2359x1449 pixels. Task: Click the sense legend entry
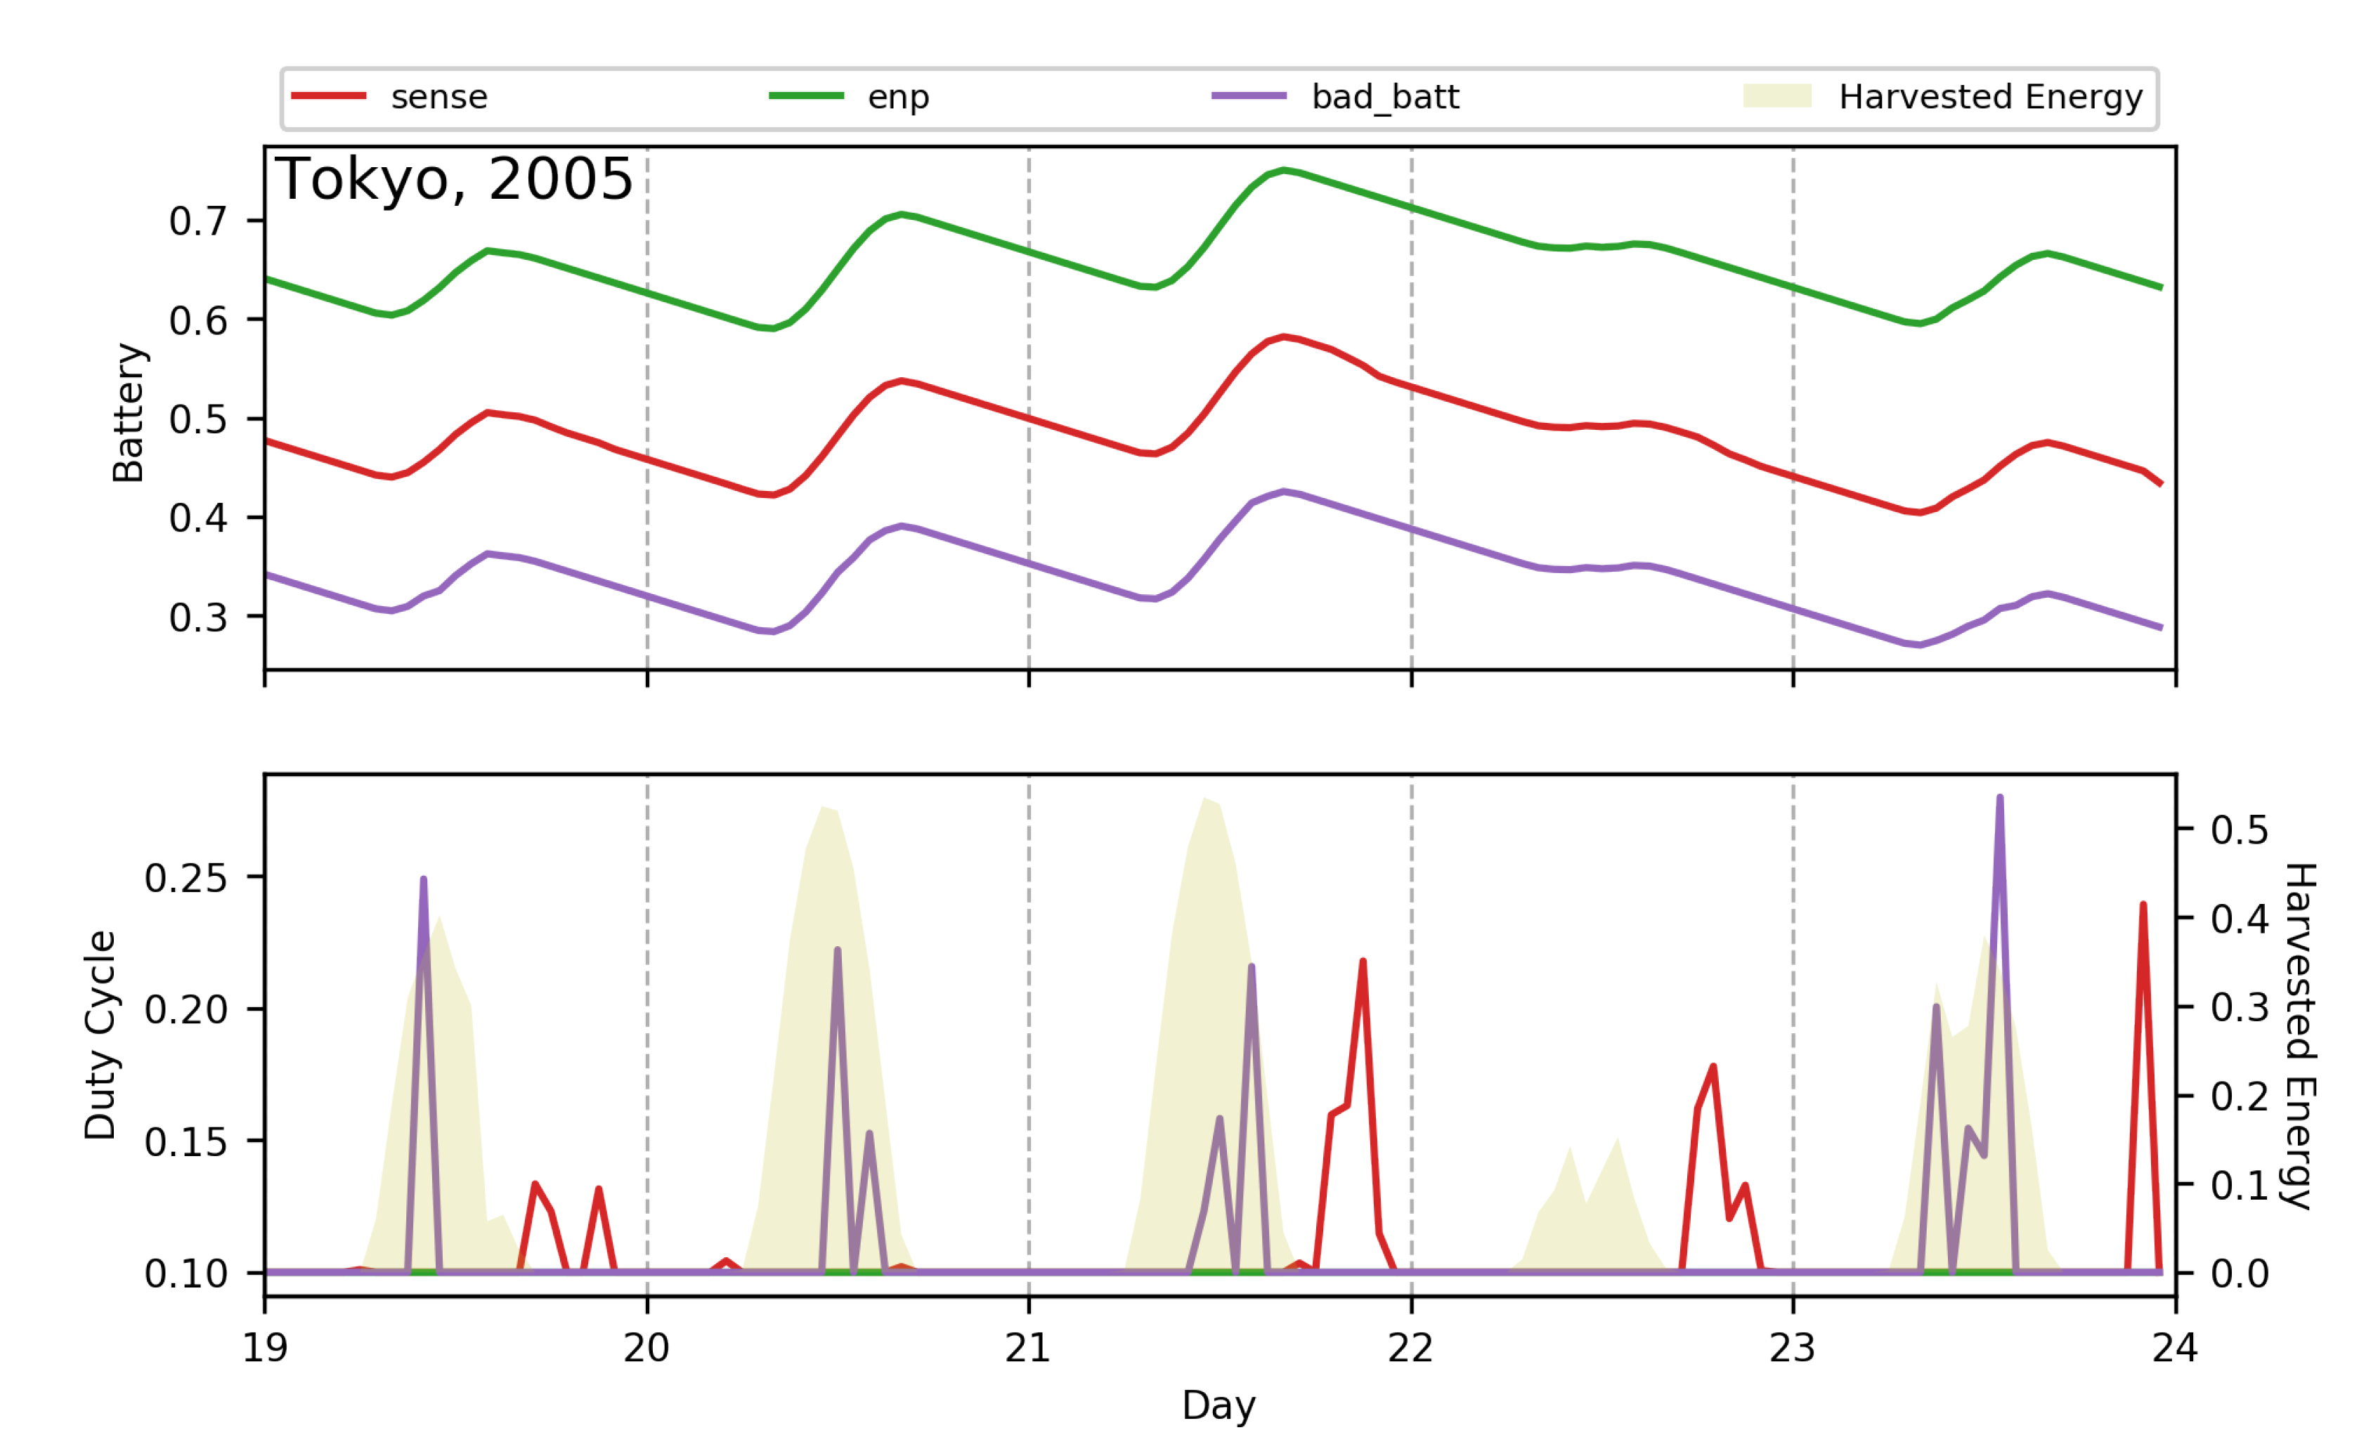click(438, 97)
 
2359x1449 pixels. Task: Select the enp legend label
click(897, 97)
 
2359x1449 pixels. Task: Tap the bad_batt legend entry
click(1384, 97)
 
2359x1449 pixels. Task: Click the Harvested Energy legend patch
click(1776, 96)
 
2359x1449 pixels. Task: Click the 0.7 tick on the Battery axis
click(197, 221)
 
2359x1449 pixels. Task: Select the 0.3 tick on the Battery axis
click(197, 617)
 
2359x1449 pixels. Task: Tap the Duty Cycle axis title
click(100, 1035)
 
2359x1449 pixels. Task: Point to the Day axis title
click(1219, 1405)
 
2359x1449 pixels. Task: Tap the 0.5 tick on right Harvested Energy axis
click(2239, 830)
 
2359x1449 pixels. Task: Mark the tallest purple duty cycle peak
click(1999, 799)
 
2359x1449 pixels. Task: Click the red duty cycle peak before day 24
click(2143, 905)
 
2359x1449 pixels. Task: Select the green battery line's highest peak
click(1284, 171)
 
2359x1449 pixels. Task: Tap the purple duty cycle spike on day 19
click(424, 880)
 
